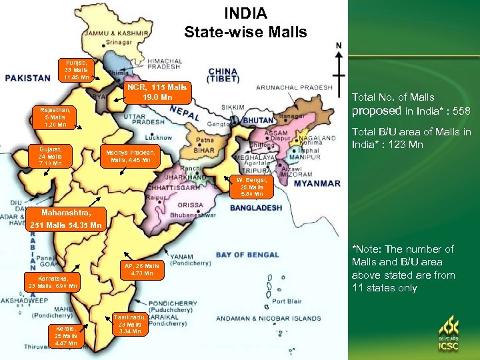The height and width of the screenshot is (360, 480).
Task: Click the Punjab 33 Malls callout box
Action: point(77,69)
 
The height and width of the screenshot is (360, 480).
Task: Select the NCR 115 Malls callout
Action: point(157,93)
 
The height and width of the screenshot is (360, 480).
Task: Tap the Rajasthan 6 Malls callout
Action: point(55,117)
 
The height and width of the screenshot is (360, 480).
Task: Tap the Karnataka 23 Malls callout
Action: point(53,281)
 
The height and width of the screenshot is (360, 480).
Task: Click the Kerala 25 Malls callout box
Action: point(65,336)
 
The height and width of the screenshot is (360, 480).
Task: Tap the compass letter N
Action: point(339,45)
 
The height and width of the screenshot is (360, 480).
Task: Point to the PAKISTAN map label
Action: point(28,78)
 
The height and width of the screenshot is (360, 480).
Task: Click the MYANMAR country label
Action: point(317,183)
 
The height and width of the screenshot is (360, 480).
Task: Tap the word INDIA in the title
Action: point(245,13)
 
